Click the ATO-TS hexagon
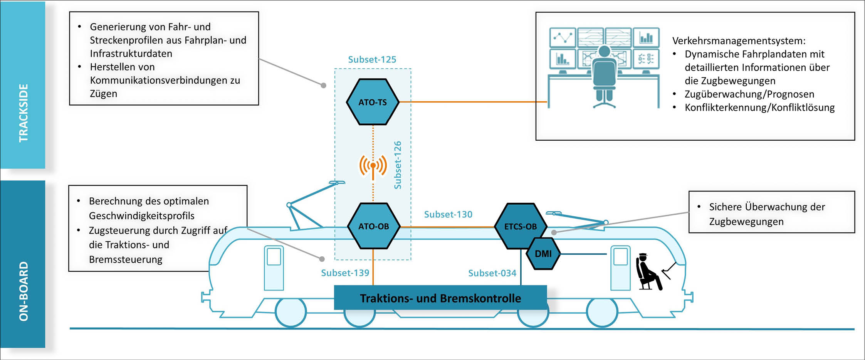click(x=373, y=102)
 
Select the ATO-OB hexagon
click(x=373, y=226)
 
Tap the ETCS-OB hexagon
click(x=520, y=226)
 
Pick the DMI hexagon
click(x=543, y=254)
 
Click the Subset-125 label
click(x=372, y=59)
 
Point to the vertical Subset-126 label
click(x=398, y=165)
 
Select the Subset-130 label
click(x=448, y=214)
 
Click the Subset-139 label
click(x=345, y=273)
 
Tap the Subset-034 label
click(x=492, y=273)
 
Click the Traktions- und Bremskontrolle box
click(x=440, y=298)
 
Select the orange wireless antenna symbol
click(x=373, y=166)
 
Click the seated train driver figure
click(x=649, y=272)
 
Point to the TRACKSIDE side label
click(x=23, y=113)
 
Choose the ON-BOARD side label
click(x=23, y=291)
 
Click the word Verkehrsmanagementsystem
click(x=739, y=41)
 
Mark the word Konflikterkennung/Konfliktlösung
click(x=759, y=108)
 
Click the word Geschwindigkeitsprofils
click(x=141, y=216)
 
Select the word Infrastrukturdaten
click(x=131, y=54)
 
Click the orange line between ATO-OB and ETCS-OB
click(x=447, y=227)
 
